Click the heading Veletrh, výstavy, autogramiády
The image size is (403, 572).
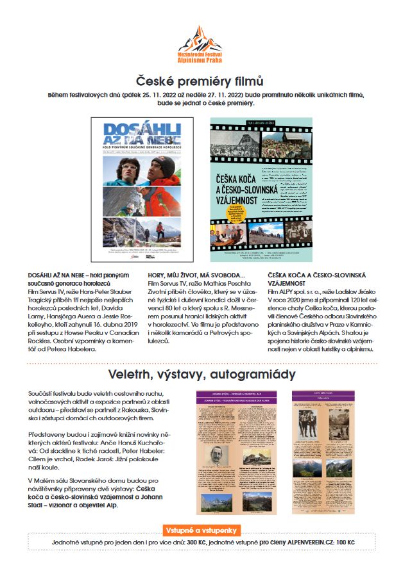(201, 374)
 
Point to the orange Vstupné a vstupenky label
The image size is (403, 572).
(202, 530)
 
